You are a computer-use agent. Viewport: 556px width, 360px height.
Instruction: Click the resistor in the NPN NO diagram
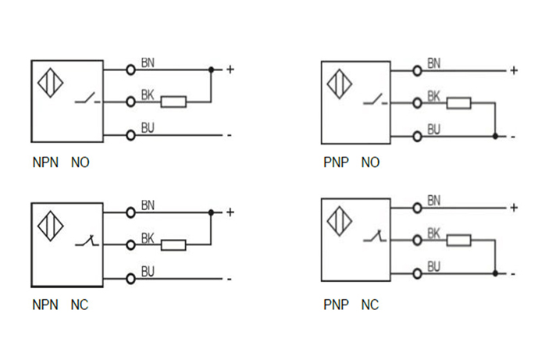pos(173,102)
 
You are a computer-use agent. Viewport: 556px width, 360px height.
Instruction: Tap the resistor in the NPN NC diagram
pos(173,245)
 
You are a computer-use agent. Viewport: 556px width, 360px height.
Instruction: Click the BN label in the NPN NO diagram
pos(148,62)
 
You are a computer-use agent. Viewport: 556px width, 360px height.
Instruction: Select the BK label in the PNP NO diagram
pos(433,96)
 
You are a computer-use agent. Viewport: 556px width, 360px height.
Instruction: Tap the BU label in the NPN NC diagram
pos(148,271)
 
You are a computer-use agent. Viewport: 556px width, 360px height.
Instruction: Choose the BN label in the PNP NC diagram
pos(433,201)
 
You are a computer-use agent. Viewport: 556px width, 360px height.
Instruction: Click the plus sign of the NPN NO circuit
pos(230,70)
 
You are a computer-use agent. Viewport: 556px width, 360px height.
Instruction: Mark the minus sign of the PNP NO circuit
pos(513,136)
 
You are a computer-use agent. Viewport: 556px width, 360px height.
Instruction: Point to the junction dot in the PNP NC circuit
pos(496,273)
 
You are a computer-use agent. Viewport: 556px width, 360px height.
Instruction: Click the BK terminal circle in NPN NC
pos(130,245)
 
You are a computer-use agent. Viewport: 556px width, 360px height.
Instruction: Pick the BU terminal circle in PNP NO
pos(417,136)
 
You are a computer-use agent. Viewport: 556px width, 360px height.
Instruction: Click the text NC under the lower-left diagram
pos(80,305)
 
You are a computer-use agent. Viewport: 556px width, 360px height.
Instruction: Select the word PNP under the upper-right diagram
pos(335,163)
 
